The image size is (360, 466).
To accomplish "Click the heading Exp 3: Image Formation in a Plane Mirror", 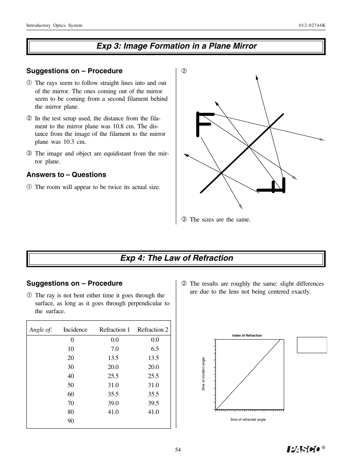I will pyautogui.click(x=176, y=46).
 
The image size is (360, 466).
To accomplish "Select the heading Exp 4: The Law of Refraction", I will pyautogui.click(x=176, y=258).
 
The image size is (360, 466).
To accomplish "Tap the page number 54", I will pyautogui.click(x=178, y=450).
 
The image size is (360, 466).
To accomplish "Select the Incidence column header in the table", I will pyautogui.click(x=75, y=330).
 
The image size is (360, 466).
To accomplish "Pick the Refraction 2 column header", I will pyautogui.click(x=152, y=330).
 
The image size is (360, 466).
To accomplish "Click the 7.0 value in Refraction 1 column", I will pyautogui.click(x=114, y=349).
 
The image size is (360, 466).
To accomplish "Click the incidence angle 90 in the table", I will pyautogui.click(x=71, y=421).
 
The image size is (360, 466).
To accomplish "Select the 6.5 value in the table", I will pyautogui.click(x=155, y=349).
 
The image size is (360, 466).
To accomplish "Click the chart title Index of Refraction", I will pyautogui.click(x=247, y=335).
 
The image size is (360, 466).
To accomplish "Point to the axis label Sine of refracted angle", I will pyautogui.click(x=248, y=420).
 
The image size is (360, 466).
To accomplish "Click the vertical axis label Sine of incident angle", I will pyautogui.click(x=203, y=374).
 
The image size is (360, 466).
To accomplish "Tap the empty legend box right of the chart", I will pyautogui.click(x=312, y=345).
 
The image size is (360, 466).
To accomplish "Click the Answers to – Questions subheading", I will pyautogui.click(x=66, y=175).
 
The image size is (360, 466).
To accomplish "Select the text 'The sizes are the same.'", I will pyautogui.click(x=220, y=220).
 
